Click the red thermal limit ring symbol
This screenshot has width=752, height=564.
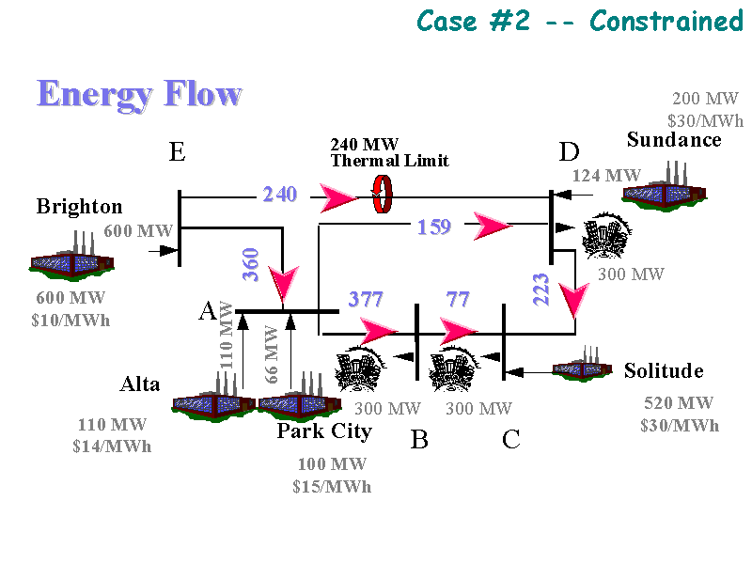(x=382, y=195)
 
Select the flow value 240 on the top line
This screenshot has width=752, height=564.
(x=280, y=195)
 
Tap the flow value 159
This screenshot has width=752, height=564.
(x=434, y=227)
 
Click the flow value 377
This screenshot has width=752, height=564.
(x=367, y=300)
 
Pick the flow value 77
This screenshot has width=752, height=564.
(x=458, y=300)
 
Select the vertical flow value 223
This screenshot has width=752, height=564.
(x=541, y=289)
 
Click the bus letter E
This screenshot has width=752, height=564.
(x=177, y=151)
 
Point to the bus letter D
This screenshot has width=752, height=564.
(x=569, y=151)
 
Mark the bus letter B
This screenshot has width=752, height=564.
(x=419, y=439)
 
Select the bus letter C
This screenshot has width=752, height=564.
(x=511, y=439)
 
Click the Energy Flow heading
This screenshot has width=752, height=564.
(x=139, y=94)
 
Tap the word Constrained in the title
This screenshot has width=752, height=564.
(x=666, y=20)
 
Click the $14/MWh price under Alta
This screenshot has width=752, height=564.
(x=111, y=446)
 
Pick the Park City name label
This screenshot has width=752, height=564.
(x=324, y=431)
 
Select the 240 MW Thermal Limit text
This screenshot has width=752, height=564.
(x=389, y=152)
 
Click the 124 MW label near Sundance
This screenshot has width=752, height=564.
(x=606, y=175)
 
